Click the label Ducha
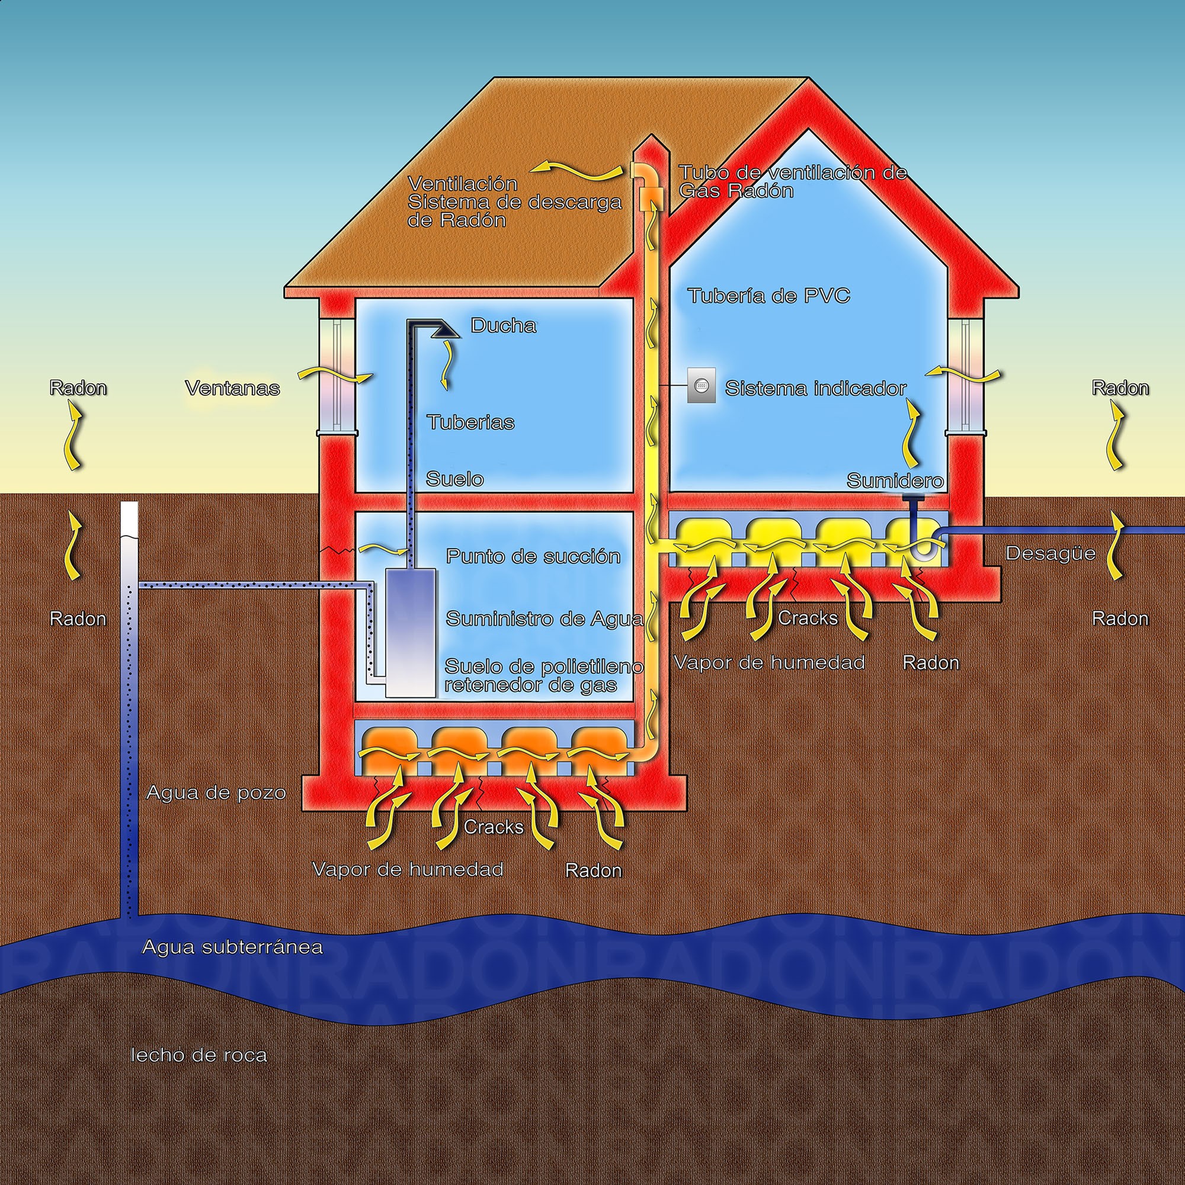[503, 326]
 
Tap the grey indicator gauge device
[701, 385]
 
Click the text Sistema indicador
[815, 388]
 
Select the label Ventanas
[232, 388]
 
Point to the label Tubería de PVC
[768, 296]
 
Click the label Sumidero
[894, 481]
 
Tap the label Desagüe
[1050, 553]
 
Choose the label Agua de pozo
[216, 793]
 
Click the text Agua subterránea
[232, 947]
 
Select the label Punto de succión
[533, 556]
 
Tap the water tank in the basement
[411, 632]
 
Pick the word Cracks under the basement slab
[493, 827]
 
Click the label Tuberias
[470, 422]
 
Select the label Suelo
[454, 479]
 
